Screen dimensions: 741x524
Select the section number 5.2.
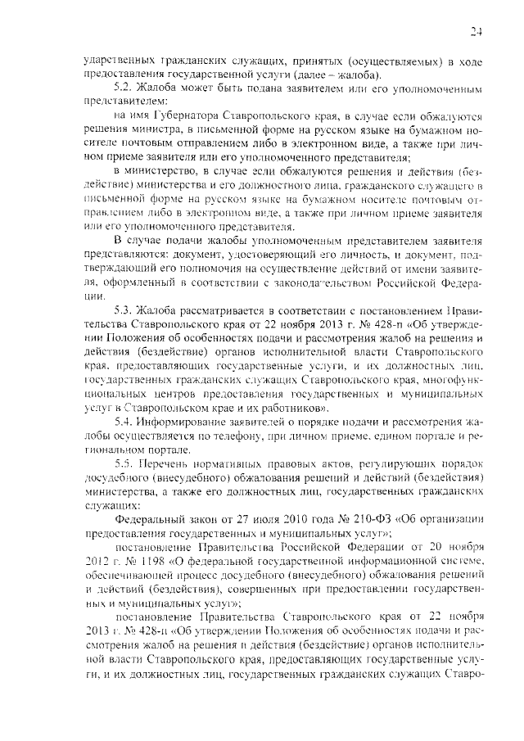(x=123, y=87)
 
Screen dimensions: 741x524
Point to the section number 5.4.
(x=123, y=421)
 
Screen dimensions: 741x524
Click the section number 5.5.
(x=123, y=463)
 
